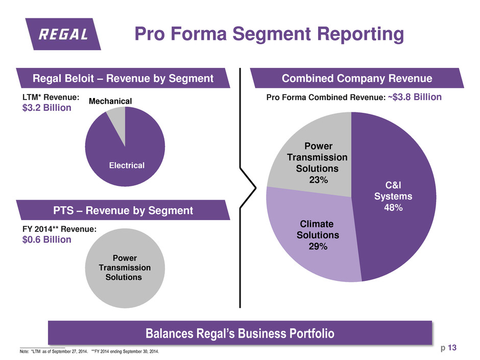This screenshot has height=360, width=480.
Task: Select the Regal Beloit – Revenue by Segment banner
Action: coord(123,78)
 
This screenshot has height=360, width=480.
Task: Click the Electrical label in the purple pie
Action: coord(126,165)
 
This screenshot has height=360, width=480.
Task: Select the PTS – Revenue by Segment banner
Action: coord(124,210)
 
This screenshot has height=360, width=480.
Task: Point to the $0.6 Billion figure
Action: coord(42,239)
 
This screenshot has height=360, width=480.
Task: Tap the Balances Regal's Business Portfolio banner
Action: coord(240,334)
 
